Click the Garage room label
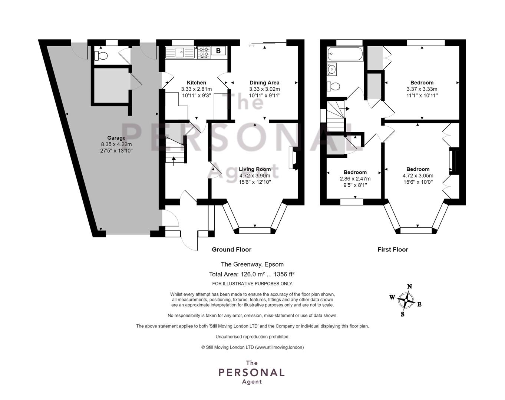[x=116, y=138]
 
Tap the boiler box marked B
[x=218, y=51]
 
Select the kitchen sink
[x=180, y=52]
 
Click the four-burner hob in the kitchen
[x=204, y=53]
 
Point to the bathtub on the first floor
[x=345, y=54]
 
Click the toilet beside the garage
[x=101, y=56]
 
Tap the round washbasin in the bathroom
[x=332, y=69]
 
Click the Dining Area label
[x=264, y=83]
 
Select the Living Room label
[x=255, y=169]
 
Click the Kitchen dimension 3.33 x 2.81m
[x=196, y=89]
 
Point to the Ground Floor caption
[x=231, y=250]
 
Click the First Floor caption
[x=393, y=250]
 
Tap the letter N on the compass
[x=409, y=286]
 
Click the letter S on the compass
[x=402, y=314]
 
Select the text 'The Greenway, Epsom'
[x=252, y=264]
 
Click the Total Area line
[x=252, y=274]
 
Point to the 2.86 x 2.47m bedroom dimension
[x=355, y=179]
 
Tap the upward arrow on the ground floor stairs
[x=174, y=161]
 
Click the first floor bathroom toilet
[x=333, y=86]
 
